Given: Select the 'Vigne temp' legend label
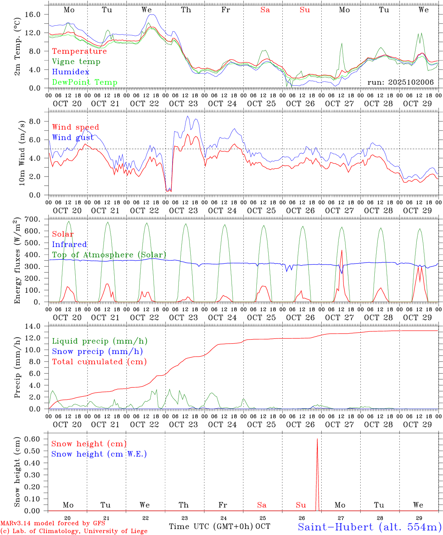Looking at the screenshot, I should (x=76, y=62).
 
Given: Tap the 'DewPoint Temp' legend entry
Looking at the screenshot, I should (x=85, y=82).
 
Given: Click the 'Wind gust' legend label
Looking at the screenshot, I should (x=73, y=137).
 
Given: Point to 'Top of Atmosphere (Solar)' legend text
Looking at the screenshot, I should (x=109, y=255).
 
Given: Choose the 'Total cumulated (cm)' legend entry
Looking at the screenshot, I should (x=99, y=362).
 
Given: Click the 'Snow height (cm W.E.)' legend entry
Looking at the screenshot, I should (x=99, y=454).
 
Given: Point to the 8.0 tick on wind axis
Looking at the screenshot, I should (x=39, y=121).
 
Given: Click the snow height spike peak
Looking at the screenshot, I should (x=317, y=439).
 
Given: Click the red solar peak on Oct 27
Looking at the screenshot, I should (x=342, y=250).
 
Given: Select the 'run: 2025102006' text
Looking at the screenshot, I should (x=400, y=82).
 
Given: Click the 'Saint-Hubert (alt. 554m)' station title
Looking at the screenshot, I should (x=370, y=527).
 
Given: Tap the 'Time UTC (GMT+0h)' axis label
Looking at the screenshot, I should (x=211, y=526).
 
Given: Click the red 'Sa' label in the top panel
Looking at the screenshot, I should (x=265, y=10).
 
